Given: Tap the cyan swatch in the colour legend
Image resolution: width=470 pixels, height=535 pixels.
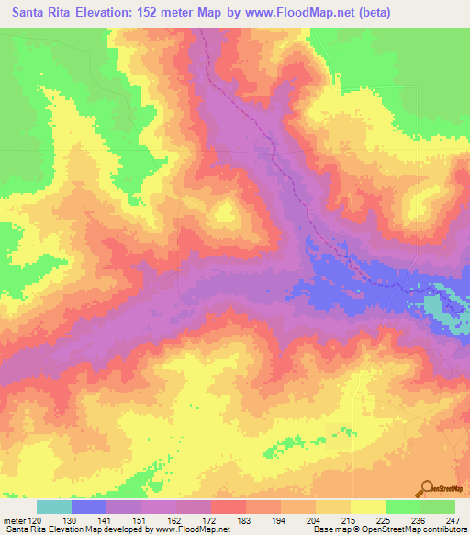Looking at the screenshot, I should point(53,507).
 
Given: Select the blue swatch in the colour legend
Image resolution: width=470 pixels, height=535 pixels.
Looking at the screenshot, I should point(89,507).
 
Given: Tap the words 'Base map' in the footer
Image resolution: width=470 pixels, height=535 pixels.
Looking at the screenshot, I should point(329,530).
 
